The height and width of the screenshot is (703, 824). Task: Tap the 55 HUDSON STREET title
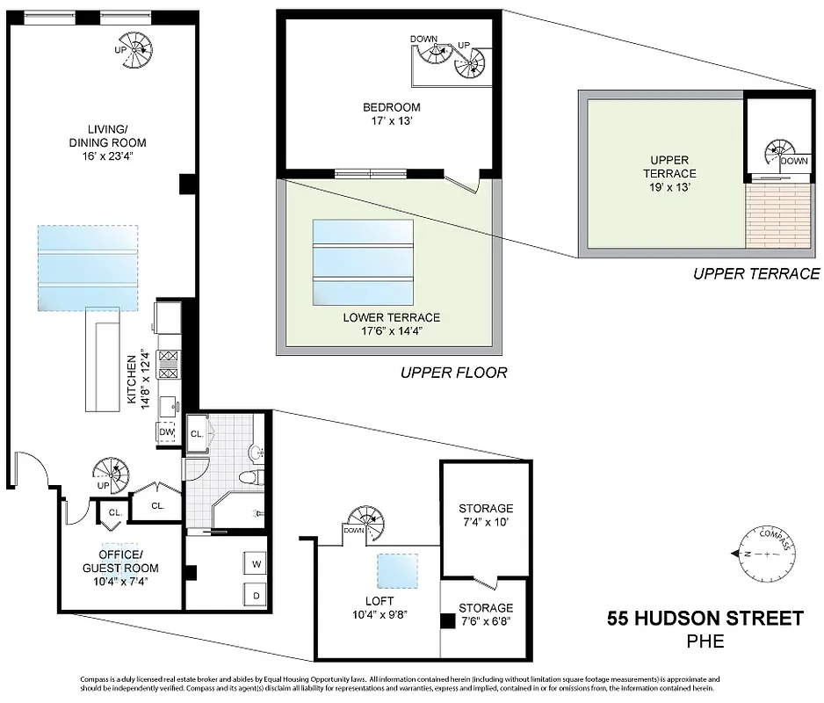click(705, 619)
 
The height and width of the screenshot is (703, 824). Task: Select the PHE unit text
click(705, 641)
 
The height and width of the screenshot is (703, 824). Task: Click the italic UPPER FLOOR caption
click(453, 373)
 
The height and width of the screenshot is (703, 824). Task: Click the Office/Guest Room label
click(119, 562)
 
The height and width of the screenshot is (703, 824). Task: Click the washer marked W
click(257, 563)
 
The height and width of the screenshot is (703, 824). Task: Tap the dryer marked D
click(257, 594)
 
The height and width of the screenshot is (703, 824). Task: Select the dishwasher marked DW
click(167, 432)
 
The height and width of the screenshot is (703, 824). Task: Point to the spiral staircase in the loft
click(365, 524)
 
